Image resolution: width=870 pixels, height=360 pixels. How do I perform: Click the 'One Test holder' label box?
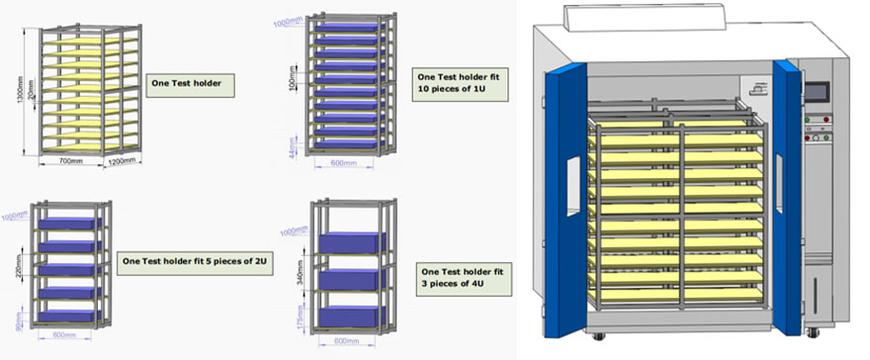point(190,84)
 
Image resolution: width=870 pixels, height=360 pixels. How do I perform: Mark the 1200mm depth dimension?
point(123,161)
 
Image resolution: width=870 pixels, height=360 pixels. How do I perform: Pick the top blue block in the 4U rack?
point(352,243)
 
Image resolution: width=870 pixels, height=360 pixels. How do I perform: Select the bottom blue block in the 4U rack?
point(352,316)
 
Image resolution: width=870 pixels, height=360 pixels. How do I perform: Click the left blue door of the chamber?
point(565,188)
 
